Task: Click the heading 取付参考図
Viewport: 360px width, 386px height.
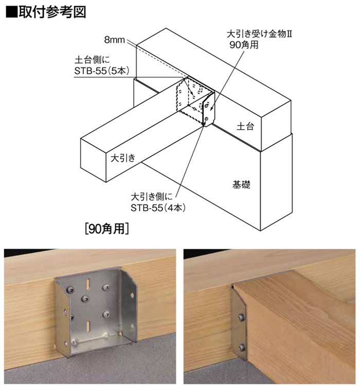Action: point(52,12)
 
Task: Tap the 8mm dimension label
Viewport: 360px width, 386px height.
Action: point(114,40)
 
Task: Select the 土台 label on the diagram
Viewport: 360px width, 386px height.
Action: point(245,126)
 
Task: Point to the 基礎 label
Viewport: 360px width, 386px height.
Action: point(241,184)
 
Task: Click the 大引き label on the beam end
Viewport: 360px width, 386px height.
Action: point(123,157)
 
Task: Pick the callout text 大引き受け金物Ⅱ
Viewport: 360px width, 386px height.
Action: point(259,34)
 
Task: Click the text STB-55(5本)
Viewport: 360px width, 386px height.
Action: point(102,71)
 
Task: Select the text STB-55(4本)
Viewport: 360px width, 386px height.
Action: point(158,208)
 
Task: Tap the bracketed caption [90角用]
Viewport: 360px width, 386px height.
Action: point(107,229)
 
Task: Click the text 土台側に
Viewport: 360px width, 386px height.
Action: point(92,60)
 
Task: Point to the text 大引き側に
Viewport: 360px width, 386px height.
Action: point(152,197)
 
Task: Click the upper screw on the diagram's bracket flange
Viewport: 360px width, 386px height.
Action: point(206,107)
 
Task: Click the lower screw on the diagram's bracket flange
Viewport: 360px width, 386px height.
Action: point(206,119)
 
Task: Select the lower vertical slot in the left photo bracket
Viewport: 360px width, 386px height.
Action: point(88,326)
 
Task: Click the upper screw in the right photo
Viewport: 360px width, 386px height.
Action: point(241,317)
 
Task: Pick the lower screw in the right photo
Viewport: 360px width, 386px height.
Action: point(241,347)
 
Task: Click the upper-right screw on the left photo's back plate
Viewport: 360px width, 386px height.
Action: point(106,287)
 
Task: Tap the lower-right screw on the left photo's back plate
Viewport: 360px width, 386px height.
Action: point(106,313)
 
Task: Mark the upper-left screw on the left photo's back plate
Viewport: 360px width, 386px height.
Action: point(70,290)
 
